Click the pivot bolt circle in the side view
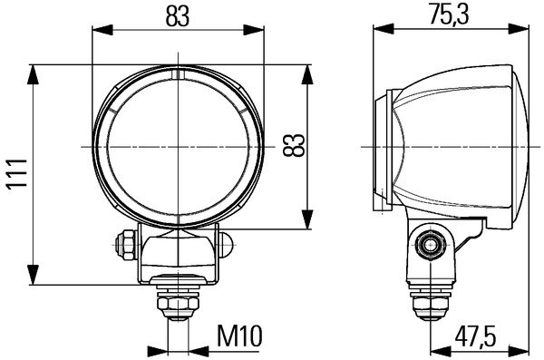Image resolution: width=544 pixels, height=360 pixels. point(431,242)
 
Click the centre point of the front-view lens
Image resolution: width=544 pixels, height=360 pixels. point(182,145)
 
